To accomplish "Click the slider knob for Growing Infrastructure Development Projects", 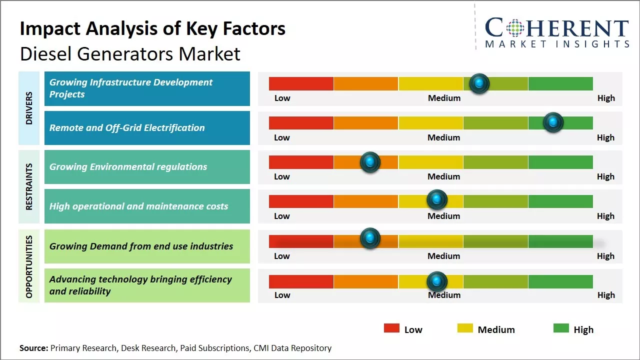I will [x=479, y=83].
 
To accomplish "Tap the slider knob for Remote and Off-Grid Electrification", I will [x=553, y=122].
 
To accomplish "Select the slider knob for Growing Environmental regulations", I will [x=370, y=162].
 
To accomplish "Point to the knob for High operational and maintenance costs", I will [x=437, y=200].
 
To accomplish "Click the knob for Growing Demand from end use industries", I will [x=370, y=238].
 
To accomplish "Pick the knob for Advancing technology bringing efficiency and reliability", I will [x=437, y=281].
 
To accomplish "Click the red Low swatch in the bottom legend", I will [x=391, y=328].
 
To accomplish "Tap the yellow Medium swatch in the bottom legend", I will [x=465, y=328].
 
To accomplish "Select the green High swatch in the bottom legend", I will [x=561, y=328].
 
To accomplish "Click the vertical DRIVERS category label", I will [x=28, y=108].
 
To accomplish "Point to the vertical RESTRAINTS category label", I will [x=28, y=186].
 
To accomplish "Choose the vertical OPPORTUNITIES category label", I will [x=28, y=266].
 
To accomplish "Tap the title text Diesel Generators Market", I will [x=130, y=53].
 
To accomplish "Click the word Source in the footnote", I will [x=33, y=348].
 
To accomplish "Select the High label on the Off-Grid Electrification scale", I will [x=605, y=137].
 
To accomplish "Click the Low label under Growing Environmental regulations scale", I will [x=282, y=176].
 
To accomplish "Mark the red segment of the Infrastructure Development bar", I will [x=301, y=83].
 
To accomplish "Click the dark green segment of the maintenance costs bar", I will [x=560, y=201].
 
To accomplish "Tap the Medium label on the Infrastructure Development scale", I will [x=444, y=98].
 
